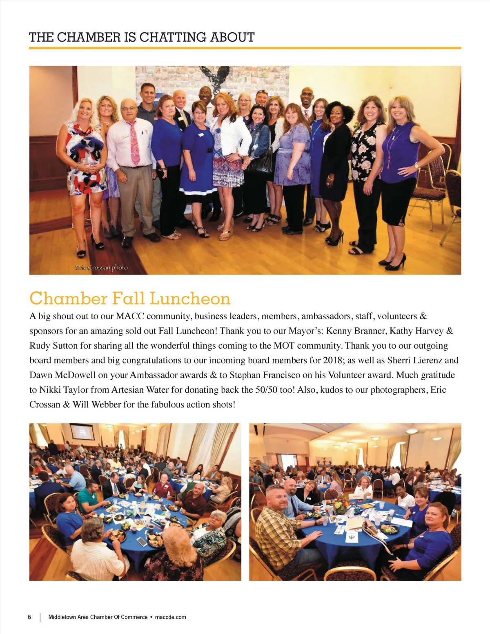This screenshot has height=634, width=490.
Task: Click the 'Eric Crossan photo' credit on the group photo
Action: [102, 268]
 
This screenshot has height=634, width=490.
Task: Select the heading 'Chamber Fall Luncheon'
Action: [130, 298]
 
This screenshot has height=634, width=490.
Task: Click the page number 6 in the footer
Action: [29, 617]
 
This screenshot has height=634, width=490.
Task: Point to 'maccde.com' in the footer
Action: [171, 617]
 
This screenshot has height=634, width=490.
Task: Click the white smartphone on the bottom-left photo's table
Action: [141, 542]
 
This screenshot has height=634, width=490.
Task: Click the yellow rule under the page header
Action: [245, 48]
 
